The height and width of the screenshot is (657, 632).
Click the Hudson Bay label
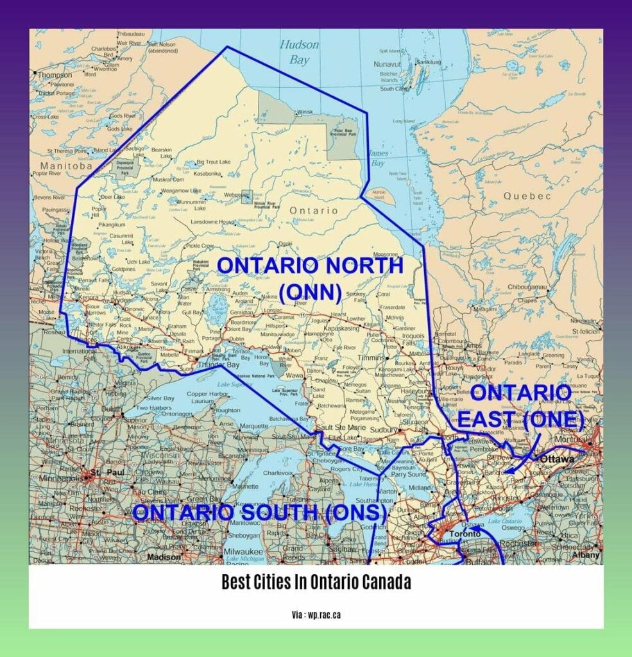299,52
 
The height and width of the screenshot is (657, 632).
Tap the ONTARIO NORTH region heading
310,266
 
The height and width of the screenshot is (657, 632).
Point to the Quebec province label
518,196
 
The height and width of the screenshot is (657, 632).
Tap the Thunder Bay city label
219,365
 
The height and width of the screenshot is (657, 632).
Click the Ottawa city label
556,459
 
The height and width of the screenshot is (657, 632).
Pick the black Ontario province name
313,210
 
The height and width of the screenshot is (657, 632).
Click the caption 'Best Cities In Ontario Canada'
316,583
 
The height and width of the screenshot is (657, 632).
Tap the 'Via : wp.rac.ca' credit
316,614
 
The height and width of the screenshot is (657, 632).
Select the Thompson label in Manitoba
56,74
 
